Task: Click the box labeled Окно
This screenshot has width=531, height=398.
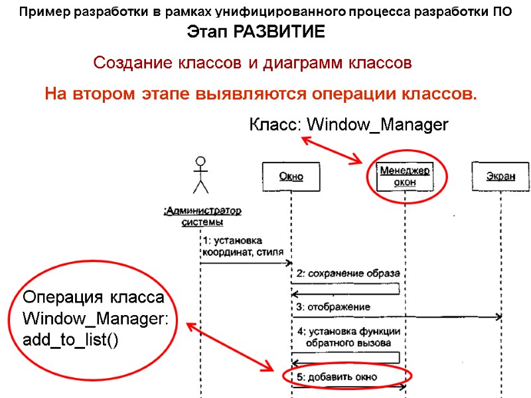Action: [x=291, y=176]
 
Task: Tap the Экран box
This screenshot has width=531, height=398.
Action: [x=500, y=176]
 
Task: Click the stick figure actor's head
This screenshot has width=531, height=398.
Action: [x=200, y=161]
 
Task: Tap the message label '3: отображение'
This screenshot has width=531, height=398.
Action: [x=333, y=306]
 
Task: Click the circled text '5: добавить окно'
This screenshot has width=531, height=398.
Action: [x=337, y=377]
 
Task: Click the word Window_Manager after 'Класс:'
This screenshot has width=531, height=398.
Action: [x=378, y=125]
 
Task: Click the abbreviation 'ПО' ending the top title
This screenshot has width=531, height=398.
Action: [x=503, y=12]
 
